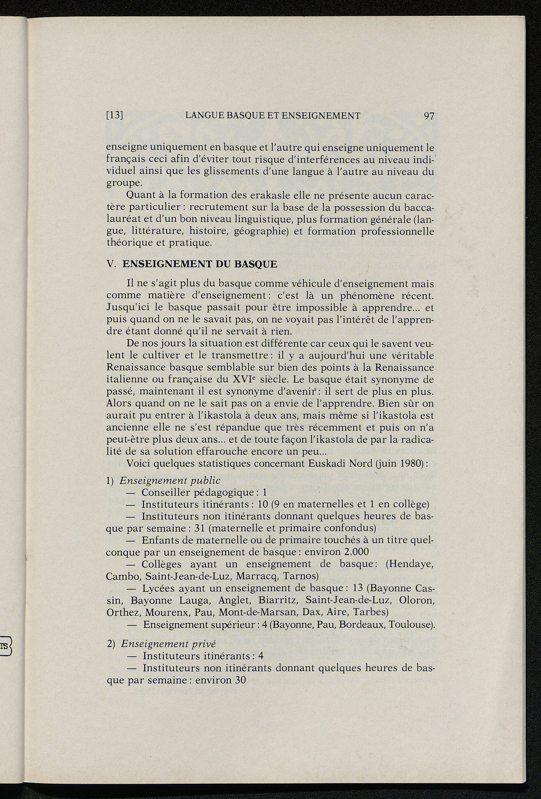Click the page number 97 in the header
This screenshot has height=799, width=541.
coord(428,116)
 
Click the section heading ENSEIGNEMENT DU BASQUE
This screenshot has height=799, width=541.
coord(199,264)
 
